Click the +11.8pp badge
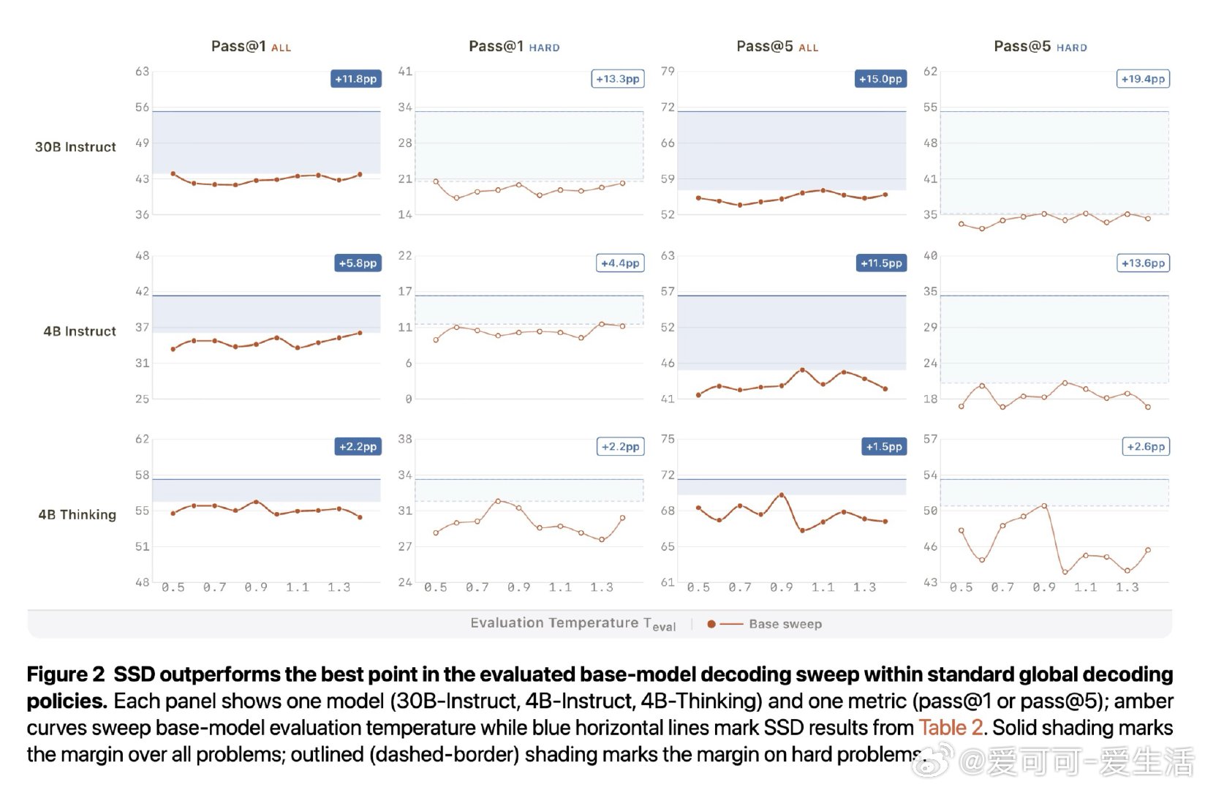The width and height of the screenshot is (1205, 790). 356,79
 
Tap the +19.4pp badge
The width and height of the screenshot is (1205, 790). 1144,79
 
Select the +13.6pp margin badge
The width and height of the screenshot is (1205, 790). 1144,263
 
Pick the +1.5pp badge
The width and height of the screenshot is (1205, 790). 884,447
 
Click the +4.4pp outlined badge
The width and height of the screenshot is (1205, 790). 620,263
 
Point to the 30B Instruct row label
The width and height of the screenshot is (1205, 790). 75,147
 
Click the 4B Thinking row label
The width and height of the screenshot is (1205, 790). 77,515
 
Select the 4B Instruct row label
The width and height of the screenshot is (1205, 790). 80,331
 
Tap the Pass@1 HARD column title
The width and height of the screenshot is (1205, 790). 514,47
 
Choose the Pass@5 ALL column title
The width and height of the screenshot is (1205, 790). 777,47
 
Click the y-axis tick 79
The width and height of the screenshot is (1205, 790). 668,72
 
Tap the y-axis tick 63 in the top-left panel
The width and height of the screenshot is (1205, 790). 142,72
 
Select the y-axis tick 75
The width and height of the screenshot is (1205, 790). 668,439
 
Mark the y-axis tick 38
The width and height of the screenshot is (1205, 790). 405,439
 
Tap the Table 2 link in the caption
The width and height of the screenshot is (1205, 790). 951,728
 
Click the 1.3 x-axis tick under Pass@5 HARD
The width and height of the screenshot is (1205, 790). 1127,587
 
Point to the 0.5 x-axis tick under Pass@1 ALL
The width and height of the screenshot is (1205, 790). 173,587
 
